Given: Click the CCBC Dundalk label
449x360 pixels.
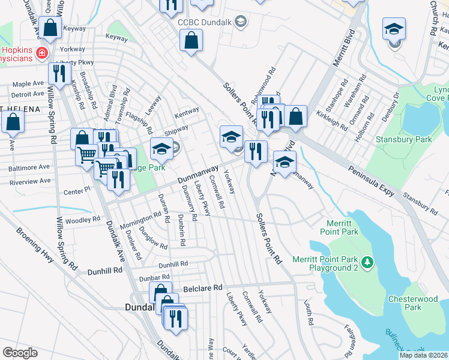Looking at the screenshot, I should pos(204,23).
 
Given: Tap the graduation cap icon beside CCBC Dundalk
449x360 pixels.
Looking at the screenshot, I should pos(241,23).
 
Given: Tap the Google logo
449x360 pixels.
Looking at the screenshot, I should pos(20,353).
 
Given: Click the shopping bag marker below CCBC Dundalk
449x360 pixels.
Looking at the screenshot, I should pos(191,41).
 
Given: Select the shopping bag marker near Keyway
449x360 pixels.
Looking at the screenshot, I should pos(51,27).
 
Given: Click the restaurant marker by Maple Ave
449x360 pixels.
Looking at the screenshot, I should pos(58,73).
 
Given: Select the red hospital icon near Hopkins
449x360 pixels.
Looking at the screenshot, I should pos(42,53).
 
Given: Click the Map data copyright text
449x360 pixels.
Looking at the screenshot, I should pos(424,355).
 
